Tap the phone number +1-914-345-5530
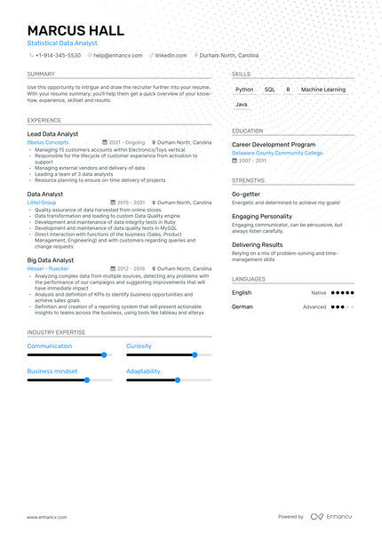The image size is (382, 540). (58, 55)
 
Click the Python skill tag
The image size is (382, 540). (244, 90)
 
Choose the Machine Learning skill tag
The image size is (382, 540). (323, 90)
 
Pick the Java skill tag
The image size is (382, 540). (242, 105)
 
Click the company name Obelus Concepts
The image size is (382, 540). (48, 142)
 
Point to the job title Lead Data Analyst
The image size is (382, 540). (52, 134)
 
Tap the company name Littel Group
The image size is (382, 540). (42, 202)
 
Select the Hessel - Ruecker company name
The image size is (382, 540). (48, 268)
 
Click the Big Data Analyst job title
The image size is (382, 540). (51, 260)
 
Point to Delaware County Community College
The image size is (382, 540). (277, 153)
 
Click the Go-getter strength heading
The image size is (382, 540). (246, 194)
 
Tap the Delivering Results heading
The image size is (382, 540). (258, 244)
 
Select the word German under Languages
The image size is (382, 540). (243, 306)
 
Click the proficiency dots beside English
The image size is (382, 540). (342, 292)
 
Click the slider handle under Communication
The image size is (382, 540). (104, 354)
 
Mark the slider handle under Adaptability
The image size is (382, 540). (178, 379)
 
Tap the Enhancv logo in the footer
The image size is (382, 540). (330, 516)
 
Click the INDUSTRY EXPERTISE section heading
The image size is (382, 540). (57, 332)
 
